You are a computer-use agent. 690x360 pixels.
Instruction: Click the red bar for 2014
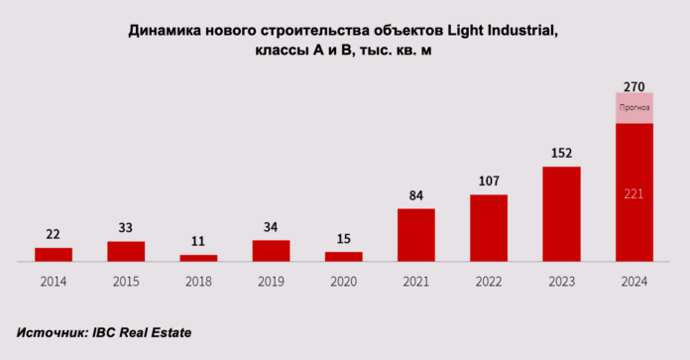coord(54,255)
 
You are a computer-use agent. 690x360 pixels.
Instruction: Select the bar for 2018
coord(198,258)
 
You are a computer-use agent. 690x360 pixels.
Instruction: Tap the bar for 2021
coord(415,235)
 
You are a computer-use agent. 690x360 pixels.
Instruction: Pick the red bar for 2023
coord(561,214)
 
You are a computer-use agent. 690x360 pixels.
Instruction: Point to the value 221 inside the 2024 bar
coord(633,193)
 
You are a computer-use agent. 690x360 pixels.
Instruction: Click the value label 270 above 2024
coord(633,87)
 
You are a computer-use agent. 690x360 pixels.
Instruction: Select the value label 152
coord(561,154)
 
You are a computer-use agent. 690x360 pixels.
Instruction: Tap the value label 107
coord(488,181)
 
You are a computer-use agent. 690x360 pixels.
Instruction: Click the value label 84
coord(415,195)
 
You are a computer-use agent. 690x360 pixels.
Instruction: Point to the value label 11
coord(198,241)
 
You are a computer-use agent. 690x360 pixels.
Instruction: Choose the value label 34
coord(271,227)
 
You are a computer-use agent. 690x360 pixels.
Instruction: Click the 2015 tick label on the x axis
coord(126,282)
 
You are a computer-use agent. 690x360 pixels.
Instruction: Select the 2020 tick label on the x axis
coord(343,282)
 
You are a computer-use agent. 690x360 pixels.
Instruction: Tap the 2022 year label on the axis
coord(488,282)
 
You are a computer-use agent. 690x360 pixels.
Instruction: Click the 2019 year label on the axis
coord(271,282)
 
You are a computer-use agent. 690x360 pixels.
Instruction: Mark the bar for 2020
coord(343,257)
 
